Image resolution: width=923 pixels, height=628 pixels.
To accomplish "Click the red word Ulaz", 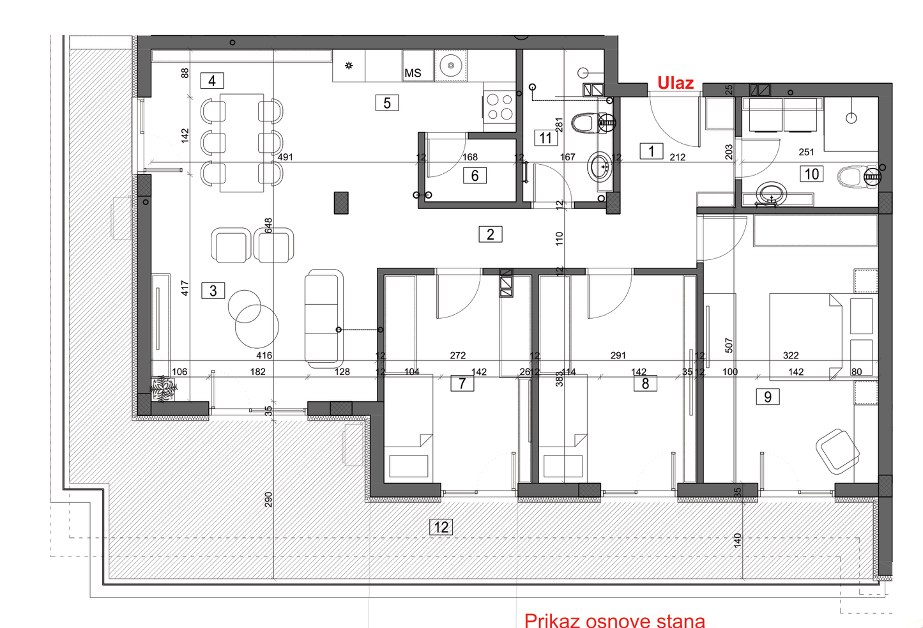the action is pos(675,83).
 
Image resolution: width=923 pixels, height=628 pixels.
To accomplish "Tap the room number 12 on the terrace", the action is pos(441,527).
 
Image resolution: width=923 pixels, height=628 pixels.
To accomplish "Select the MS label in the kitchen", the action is pos(413,73).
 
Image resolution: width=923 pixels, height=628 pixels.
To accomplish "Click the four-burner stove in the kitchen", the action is pos(500,107).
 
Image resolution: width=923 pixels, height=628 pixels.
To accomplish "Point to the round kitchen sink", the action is pos(451,66).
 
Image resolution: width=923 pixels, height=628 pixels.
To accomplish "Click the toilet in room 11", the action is pos(584,123).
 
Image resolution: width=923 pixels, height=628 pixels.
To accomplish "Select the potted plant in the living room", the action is pos(164,388).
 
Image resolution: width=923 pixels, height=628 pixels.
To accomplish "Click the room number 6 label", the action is pos(475,176).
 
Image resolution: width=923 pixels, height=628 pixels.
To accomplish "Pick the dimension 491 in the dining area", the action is pos(285,157).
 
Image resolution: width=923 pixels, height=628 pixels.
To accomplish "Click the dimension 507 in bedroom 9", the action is pos(729,346).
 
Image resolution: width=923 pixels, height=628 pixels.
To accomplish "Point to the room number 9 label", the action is pos(768,397).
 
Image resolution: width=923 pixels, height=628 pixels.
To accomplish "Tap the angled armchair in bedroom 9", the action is pos(837,451).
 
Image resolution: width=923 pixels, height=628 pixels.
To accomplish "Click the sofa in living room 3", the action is pos(324,319).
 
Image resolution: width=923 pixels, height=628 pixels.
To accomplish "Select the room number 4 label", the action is pos(212,80).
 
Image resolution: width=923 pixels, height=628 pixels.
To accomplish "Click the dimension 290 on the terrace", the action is pos(268,500).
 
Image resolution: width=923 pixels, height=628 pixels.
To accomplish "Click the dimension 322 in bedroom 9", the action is pos(791,355).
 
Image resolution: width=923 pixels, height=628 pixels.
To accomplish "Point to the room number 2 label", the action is pos(491,234).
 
